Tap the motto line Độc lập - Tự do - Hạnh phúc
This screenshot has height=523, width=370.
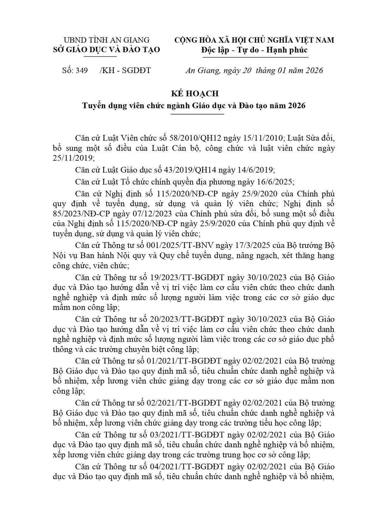coord(254,50)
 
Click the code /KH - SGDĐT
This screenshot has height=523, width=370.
coord(125,70)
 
